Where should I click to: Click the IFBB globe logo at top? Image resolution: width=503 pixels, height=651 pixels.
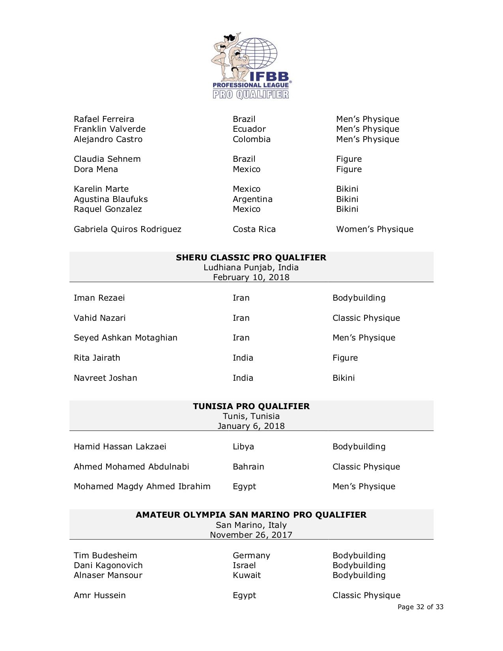[251, 65]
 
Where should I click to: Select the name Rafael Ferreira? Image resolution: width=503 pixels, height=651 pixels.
[104, 119]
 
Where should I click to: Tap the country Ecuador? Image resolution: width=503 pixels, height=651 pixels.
[249, 129]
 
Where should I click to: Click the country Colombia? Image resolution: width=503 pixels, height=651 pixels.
[251, 139]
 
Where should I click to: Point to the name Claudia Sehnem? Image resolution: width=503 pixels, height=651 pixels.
[107, 159]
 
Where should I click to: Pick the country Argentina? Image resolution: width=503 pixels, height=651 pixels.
[252, 199]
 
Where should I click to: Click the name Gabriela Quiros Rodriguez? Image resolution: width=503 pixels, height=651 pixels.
[127, 229]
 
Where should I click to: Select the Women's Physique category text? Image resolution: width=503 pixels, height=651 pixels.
[374, 229]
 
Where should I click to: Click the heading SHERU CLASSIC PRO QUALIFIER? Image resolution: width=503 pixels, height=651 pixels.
[251, 258]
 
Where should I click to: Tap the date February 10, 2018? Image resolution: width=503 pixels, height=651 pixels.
[251, 277]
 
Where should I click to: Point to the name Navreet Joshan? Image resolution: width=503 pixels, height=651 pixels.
[105, 378]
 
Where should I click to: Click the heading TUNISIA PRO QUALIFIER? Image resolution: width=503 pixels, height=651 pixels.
[251, 406]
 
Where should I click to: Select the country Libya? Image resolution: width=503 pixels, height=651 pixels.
[243, 447]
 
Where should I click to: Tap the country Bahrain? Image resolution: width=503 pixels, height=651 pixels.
[248, 467]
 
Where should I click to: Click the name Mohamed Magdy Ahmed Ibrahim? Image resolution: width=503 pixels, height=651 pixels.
[142, 486]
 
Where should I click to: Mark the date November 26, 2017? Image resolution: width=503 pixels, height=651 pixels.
[251, 535]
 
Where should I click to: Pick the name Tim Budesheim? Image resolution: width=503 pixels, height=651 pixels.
[105, 556]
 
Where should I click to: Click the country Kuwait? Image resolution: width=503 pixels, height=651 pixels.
[247, 575]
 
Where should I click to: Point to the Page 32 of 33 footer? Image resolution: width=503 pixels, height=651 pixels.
[420, 607]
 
